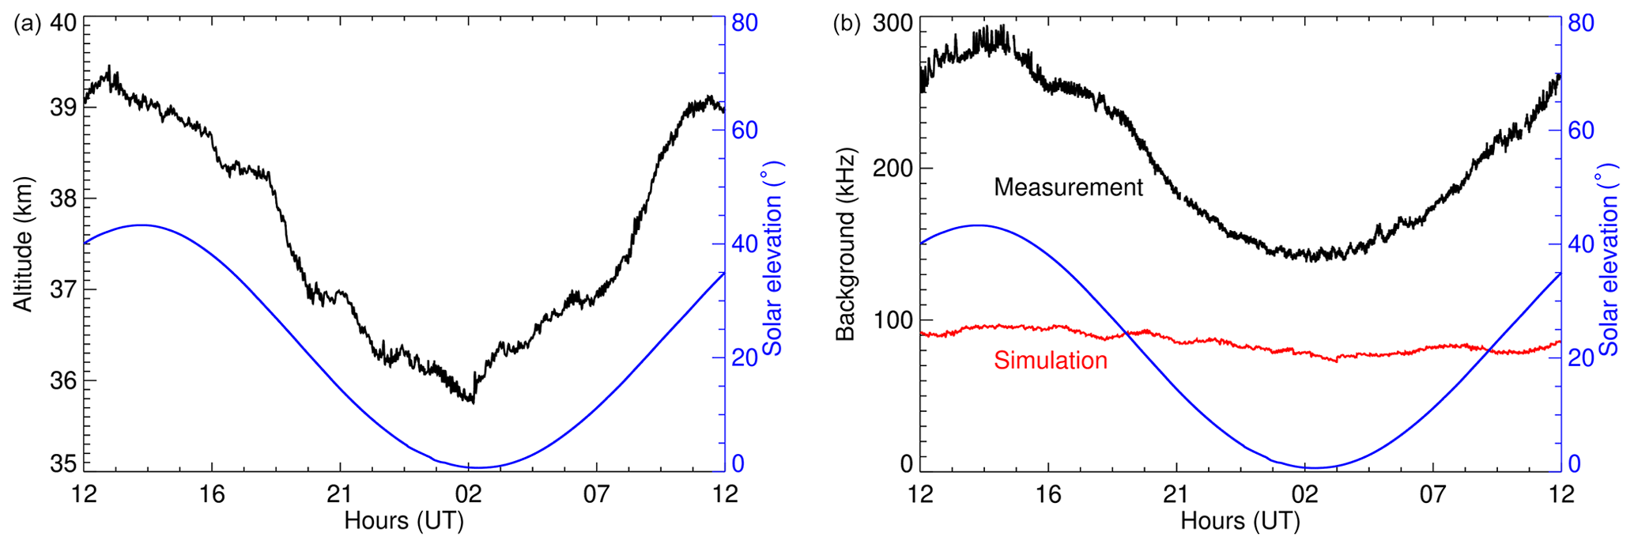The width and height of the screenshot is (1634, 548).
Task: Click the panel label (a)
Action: tap(27, 24)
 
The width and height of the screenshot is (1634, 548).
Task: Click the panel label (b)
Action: tap(847, 24)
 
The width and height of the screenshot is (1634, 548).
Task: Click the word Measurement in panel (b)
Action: tap(1068, 187)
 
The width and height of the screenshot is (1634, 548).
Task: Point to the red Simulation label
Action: tap(1050, 361)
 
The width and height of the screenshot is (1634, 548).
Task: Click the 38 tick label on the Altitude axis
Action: tap(63, 198)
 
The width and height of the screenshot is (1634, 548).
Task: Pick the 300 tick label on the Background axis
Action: tap(892, 24)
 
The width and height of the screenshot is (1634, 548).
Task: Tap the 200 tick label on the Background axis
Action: tap(892, 168)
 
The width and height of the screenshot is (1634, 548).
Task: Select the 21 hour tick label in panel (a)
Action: tap(340, 494)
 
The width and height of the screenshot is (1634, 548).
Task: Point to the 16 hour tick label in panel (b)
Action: tap(1048, 494)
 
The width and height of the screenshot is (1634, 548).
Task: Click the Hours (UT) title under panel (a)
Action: tap(404, 521)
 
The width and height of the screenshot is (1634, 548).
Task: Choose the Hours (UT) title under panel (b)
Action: tap(1240, 521)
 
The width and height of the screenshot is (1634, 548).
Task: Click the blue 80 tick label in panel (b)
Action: tap(1580, 24)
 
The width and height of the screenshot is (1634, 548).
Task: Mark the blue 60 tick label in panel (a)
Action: tap(743, 131)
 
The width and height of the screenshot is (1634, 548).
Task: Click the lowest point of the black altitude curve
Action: tap(473, 402)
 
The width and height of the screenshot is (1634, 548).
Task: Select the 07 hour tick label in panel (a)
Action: tap(597, 494)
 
